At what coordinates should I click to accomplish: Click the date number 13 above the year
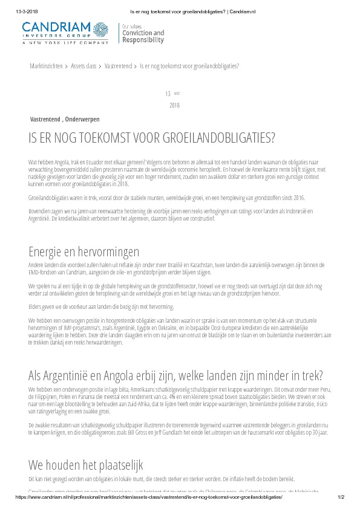[x=168, y=94]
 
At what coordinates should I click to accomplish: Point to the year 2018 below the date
[x=175, y=105]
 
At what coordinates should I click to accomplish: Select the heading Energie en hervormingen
[x=83, y=251]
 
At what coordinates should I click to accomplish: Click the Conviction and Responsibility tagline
[x=143, y=35]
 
